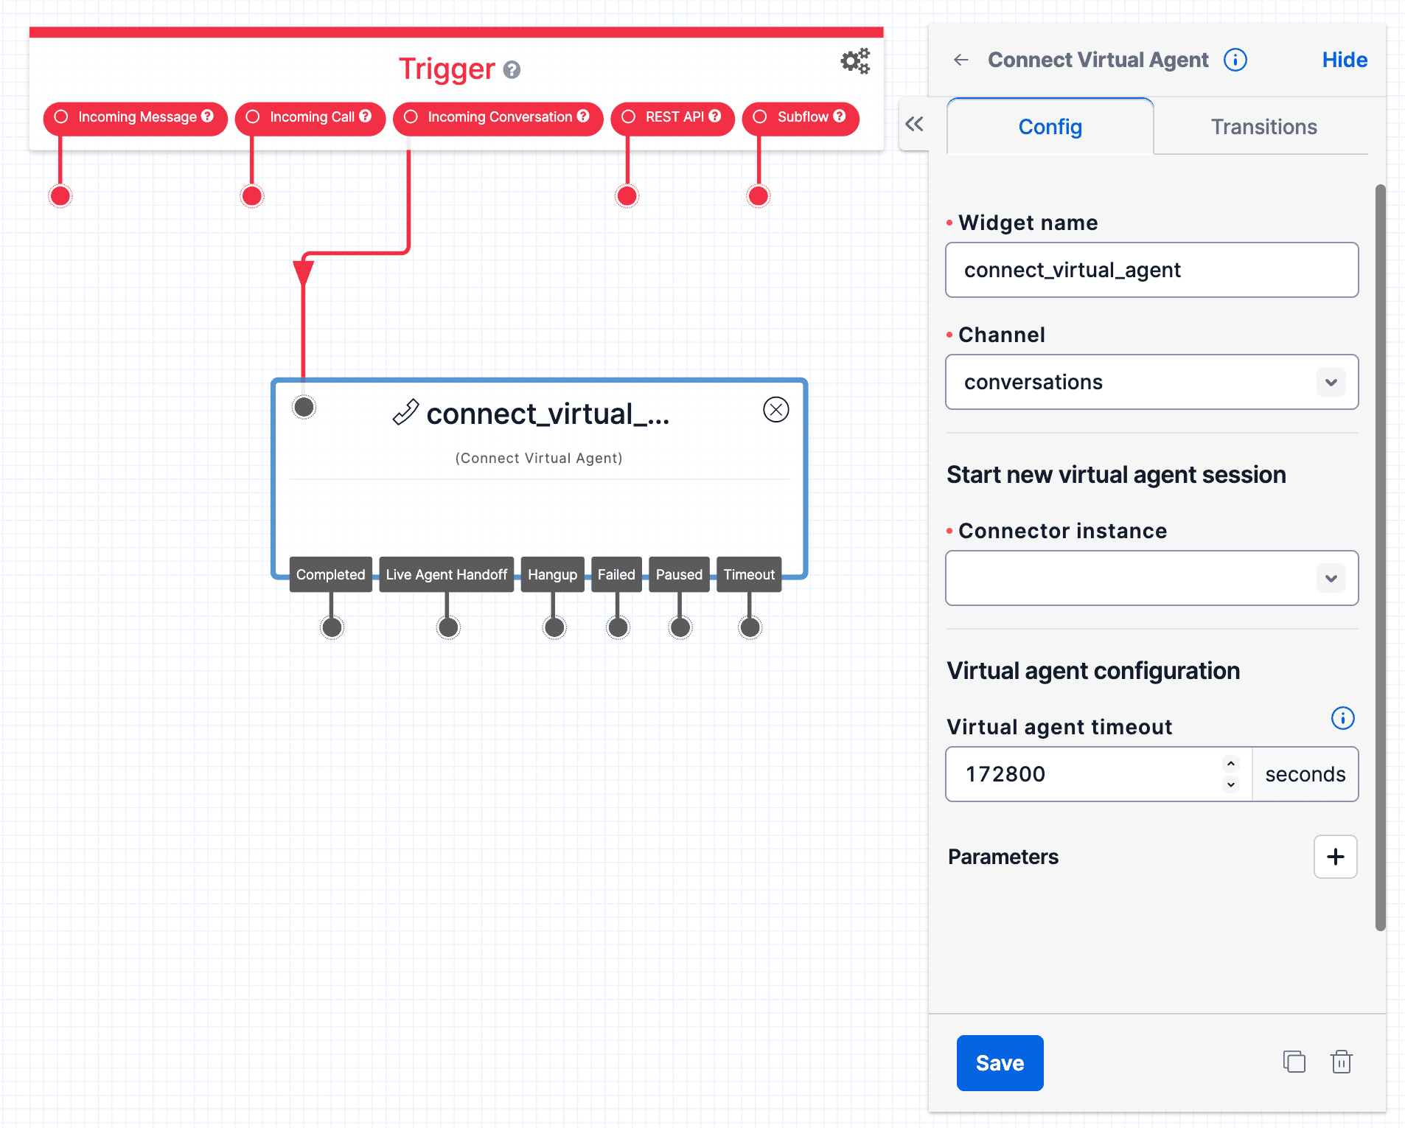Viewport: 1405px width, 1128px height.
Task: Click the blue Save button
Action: click(x=999, y=1062)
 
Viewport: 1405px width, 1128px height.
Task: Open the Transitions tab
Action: click(x=1263, y=127)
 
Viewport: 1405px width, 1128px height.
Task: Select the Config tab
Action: click(x=1050, y=127)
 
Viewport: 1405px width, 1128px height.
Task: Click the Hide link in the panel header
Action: click(x=1344, y=60)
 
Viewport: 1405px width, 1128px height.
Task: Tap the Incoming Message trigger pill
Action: click(x=136, y=117)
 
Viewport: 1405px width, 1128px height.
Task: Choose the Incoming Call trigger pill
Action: click(x=310, y=117)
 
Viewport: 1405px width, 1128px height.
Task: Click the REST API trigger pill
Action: click(x=673, y=117)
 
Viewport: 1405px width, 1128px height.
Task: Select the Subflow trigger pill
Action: click(x=801, y=117)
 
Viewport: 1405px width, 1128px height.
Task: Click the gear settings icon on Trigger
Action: click(x=855, y=61)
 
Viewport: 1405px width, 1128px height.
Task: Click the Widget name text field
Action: click(x=1151, y=270)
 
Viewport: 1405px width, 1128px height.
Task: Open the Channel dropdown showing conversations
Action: click(x=1151, y=382)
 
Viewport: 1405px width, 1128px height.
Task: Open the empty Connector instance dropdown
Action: click(x=1151, y=578)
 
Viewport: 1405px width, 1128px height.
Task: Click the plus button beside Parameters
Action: click(x=1335, y=857)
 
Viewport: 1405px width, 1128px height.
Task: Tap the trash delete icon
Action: click(x=1341, y=1062)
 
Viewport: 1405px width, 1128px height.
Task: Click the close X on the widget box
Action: click(x=775, y=409)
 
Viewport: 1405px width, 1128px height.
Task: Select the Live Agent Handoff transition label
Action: click(x=446, y=574)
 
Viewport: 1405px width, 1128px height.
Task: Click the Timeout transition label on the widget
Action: click(x=749, y=574)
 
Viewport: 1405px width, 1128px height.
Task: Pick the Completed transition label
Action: click(x=330, y=574)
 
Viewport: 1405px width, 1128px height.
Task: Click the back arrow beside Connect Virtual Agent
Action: click(x=961, y=60)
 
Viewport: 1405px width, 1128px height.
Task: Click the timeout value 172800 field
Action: click(x=1084, y=774)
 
